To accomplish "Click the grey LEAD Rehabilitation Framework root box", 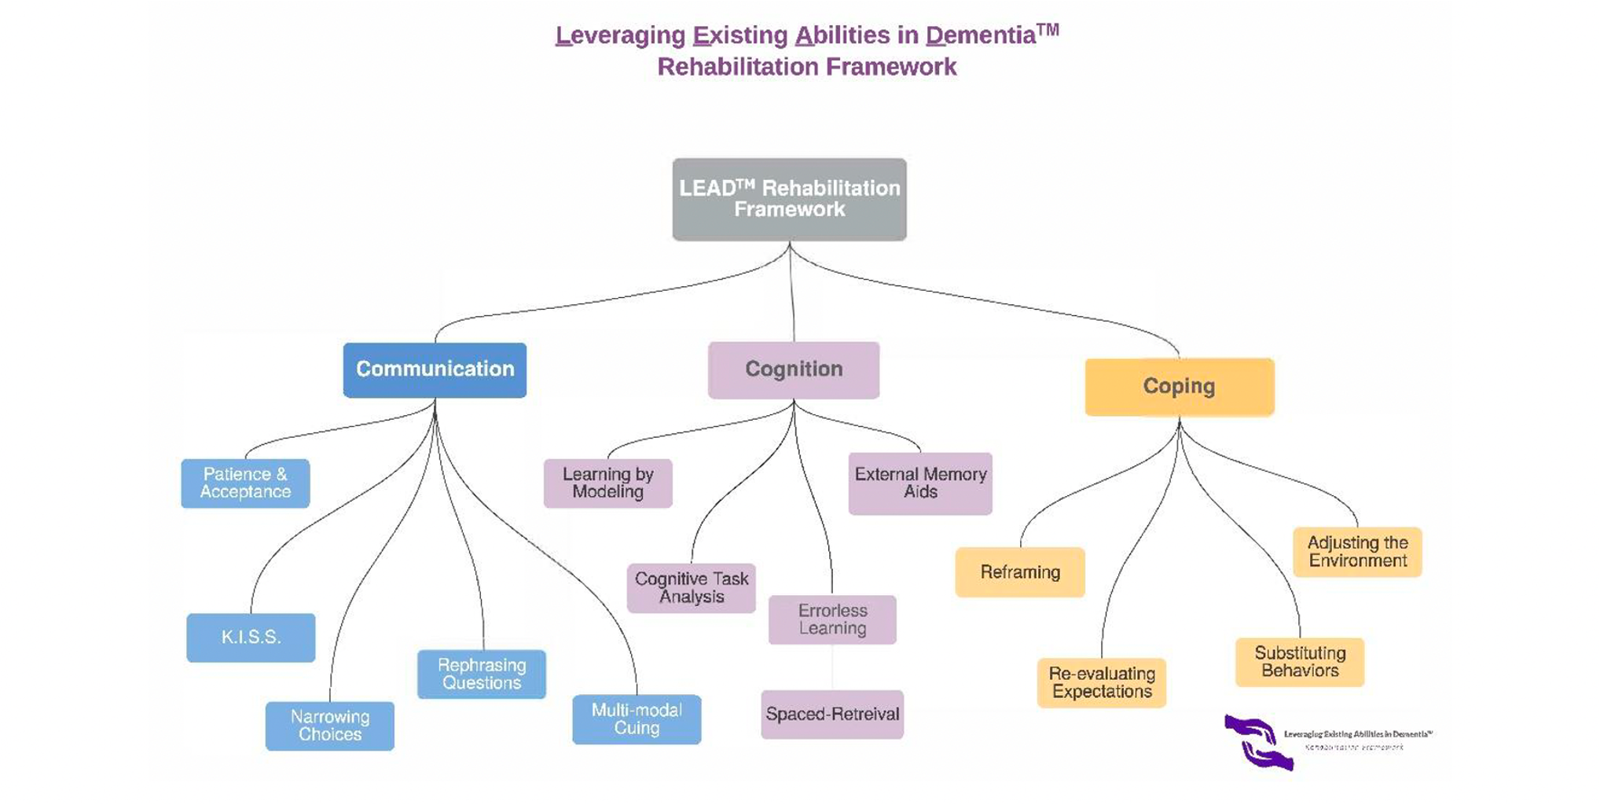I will click(x=789, y=199).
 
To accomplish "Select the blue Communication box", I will click(x=435, y=369).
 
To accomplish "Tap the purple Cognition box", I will click(x=794, y=369).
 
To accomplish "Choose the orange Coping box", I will click(x=1179, y=386).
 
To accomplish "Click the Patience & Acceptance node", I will click(x=245, y=483).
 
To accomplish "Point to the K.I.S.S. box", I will click(x=251, y=637).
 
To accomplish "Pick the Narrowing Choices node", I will click(x=329, y=726).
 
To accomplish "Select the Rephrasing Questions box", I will click(x=482, y=674).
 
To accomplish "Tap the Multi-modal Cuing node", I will click(x=637, y=719).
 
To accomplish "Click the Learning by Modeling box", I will click(x=607, y=483).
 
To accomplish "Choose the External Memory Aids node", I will click(x=920, y=483).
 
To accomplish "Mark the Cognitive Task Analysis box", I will click(x=692, y=587).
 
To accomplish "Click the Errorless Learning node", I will click(x=832, y=619).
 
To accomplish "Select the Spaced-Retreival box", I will click(x=832, y=714).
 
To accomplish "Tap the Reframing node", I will click(x=1020, y=572).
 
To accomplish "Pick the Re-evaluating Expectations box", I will click(x=1102, y=682).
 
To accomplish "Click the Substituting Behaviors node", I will click(x=1300, y=662).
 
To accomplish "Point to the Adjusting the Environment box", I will click(x=1357, y=551).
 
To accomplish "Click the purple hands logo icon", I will click(x=1258, y=742).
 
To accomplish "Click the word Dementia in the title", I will click(x=980, y=35).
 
